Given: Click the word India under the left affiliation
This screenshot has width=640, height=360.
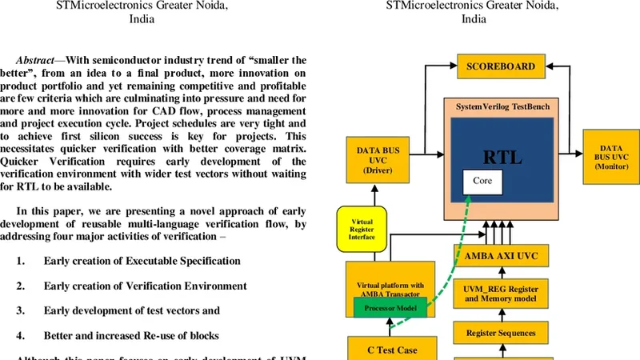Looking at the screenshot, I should point(142,20).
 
